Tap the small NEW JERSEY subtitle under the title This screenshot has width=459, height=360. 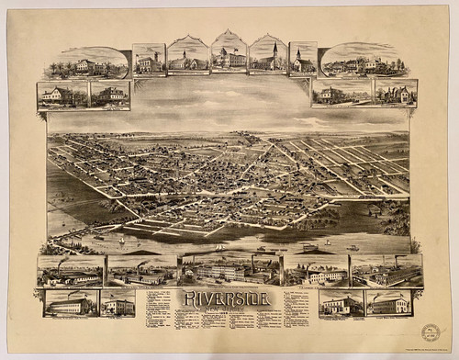coord(229,309)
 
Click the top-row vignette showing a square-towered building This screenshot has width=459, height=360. coord(149,59)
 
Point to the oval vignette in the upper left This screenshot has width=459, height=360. coord(86,62)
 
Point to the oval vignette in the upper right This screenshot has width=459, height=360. coord(364,61)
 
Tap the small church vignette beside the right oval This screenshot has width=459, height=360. coord(303,58)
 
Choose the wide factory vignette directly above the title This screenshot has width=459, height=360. coord(229,269)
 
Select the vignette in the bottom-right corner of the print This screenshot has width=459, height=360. coord(388,303)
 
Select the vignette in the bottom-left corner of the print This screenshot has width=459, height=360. coord(70,303)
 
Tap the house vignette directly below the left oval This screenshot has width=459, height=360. coord(62,95)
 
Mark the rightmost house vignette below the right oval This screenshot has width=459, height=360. coord(396,93)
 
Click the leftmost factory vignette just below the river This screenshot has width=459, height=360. coord(71,271)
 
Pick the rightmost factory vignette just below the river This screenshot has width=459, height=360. coord(386,270)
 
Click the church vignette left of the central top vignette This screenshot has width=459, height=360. coord(188,56)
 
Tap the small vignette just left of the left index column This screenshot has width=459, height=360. coord(118,304)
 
